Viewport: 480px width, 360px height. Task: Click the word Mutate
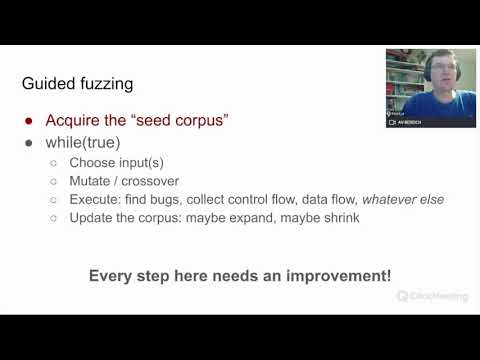click(91, 181)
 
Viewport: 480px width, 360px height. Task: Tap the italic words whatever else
click(403, 199)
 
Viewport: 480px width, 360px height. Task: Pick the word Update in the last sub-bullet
click(92, 217)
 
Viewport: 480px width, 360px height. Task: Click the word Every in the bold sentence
click(109, 275)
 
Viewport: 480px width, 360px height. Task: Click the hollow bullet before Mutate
click(54, 181)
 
